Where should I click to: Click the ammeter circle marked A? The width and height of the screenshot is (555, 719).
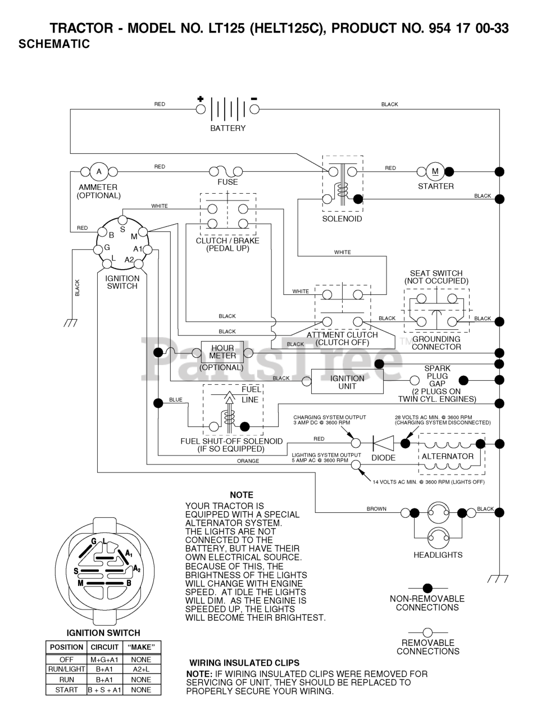tap(99, 172)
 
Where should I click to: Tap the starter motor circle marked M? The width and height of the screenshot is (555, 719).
tap(435, 171)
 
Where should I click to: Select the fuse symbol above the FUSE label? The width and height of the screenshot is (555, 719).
tap(226, 171)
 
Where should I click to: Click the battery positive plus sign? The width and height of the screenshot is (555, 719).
tap(200, 99)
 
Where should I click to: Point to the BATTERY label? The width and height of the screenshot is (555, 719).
tap(228, 128)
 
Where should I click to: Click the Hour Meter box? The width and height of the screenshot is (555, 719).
tap(222, 352)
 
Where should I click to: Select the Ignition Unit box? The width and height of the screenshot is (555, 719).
tap(347, 381)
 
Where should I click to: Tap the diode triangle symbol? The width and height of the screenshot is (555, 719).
tap(383, 443)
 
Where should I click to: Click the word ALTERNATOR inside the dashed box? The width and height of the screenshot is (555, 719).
tap(448, 456)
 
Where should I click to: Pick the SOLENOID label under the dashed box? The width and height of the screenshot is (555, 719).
tap(342, 219)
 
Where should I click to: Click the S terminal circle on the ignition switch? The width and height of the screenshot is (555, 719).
tap(122, 220)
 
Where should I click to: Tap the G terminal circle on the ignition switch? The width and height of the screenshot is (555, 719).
tap(98, 249)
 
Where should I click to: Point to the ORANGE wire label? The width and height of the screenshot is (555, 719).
tap(248, 461)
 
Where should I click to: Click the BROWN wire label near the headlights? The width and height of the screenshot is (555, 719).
tap(376, 509)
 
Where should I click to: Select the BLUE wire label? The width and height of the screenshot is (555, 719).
tap(176, 400)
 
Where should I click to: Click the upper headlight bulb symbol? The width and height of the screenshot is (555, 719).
tap(438, 513)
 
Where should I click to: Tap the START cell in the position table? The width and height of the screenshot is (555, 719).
tap(66, 690)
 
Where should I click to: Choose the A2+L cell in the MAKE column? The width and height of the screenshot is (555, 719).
tap(141, 669)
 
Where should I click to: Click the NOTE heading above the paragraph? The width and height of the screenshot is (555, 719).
tap(242, 495)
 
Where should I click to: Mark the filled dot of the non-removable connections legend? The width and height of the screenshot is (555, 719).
tap(427, 588)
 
